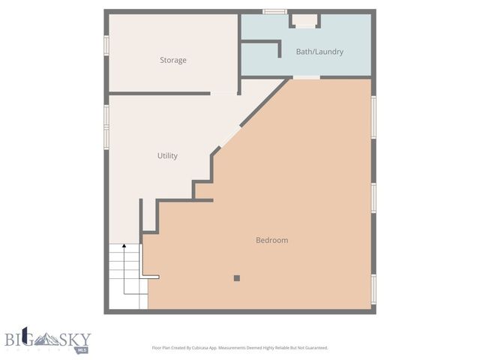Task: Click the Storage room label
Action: pyautogui.click(x=172, y=60)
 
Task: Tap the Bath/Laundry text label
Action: pyautogui.click(x=319, y=52)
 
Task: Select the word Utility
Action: pyautogui.click(x=167, y=156)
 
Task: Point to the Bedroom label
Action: pyautogui.click(x=271, y=240)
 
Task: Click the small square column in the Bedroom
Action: pyautogui.click(x=236, y=278)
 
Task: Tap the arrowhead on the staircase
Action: pyautogui.click(x=124, y=247)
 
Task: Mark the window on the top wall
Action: pyautogui.click(x=274, y=11)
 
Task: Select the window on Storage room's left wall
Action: pyautogui.click(x=106, y=44)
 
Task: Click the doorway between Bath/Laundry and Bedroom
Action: pyautogui.click(x=306, y=77)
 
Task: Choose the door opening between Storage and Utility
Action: pyautogui.click(x=223, y=94)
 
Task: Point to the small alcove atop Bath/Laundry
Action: pyautogui.click(x=304, y=20)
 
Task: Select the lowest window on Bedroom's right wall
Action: pyautogui.click(x=373, y=289)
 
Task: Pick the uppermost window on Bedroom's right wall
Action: pyautogui.click(x=373, y=116)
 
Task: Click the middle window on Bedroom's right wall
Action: pyautogui.click(x=373, y=198)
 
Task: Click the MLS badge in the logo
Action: pyautogui.click(x=82, y=349)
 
